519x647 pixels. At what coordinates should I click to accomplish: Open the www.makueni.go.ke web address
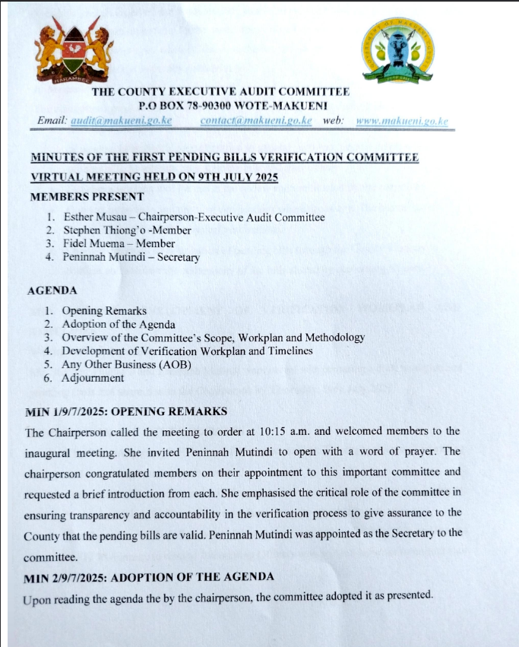tap(402, 121)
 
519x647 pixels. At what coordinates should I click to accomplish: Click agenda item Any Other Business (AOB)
tap(127, 364)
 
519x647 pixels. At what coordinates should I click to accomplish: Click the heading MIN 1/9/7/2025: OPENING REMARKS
tap(126, 412)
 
